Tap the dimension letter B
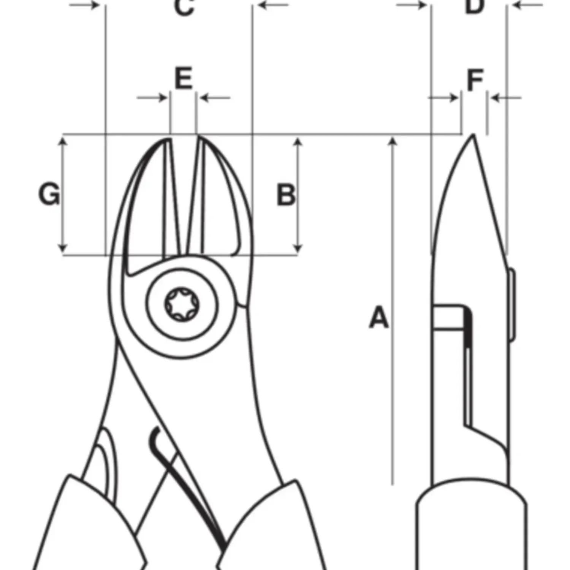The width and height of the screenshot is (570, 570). [286, 195]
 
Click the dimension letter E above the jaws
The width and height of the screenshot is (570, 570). [184, 79]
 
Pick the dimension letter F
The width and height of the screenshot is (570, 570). [475, 80]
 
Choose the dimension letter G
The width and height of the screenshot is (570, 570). [49, 194]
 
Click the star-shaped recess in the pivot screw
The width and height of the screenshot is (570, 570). [182, 304]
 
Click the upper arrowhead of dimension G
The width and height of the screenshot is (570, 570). [63, 141]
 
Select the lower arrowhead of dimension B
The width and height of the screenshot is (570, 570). [298, 249]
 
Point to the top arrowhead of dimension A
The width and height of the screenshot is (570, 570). [393, 142]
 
